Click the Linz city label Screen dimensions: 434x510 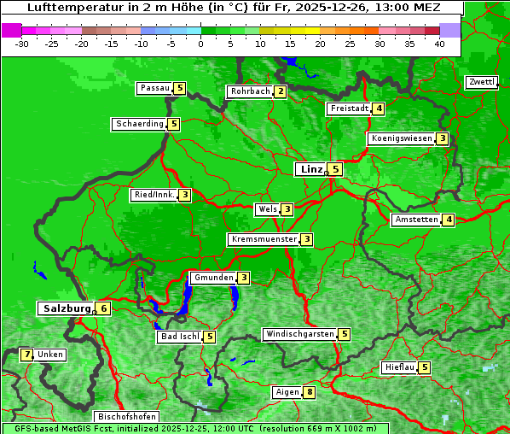311,169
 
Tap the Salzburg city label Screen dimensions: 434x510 66,308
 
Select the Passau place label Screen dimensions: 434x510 154,88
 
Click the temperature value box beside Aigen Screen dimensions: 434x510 309,393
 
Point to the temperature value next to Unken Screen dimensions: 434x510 26,355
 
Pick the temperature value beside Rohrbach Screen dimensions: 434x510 281,91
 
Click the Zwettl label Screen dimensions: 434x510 481,82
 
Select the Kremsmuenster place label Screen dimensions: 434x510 264,239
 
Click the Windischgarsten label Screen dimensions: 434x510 299,334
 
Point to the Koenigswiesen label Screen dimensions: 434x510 401,138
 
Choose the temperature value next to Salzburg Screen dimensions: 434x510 103,308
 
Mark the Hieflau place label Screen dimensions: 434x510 400,368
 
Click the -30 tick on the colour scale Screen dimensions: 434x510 21,44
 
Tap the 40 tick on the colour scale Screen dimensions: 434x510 439,44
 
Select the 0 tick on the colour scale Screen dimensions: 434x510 200,44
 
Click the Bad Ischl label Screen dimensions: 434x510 179,337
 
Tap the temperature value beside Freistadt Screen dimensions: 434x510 379,108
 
